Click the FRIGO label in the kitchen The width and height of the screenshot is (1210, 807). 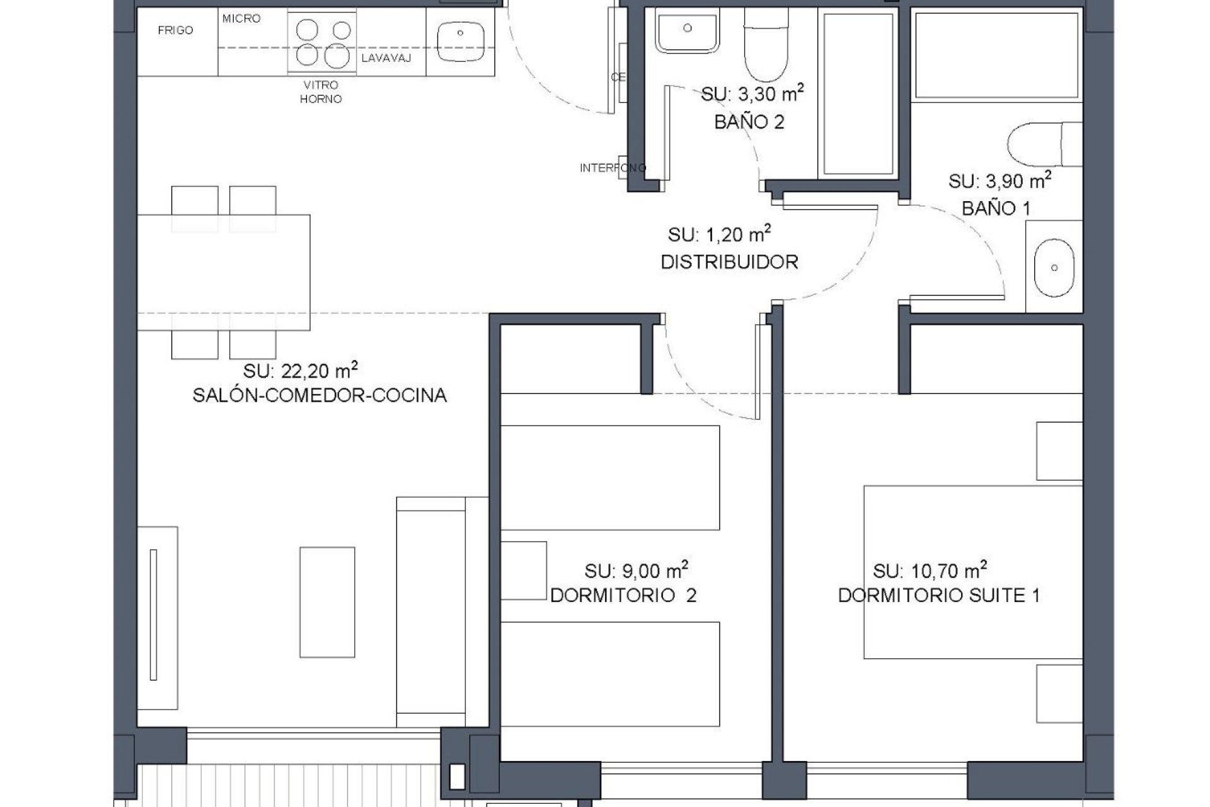175,30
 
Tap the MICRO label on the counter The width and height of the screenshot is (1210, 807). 241,19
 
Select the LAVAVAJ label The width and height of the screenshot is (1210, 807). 386,59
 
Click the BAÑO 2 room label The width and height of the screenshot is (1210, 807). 749,122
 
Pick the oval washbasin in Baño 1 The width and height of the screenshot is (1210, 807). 1054,267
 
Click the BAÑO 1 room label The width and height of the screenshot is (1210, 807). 996,208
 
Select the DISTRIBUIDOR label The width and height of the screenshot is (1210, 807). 729,262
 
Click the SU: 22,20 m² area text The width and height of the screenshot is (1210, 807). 301,370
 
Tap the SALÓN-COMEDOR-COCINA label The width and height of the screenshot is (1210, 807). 320,396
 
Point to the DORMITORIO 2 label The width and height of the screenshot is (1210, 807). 623,596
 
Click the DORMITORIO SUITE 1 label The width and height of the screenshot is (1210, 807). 938,596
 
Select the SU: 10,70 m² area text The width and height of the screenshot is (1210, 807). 930,571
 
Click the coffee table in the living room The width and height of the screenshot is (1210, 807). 327,603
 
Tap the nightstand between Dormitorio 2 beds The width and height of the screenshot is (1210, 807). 523,570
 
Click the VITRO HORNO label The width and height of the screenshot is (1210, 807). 321,92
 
